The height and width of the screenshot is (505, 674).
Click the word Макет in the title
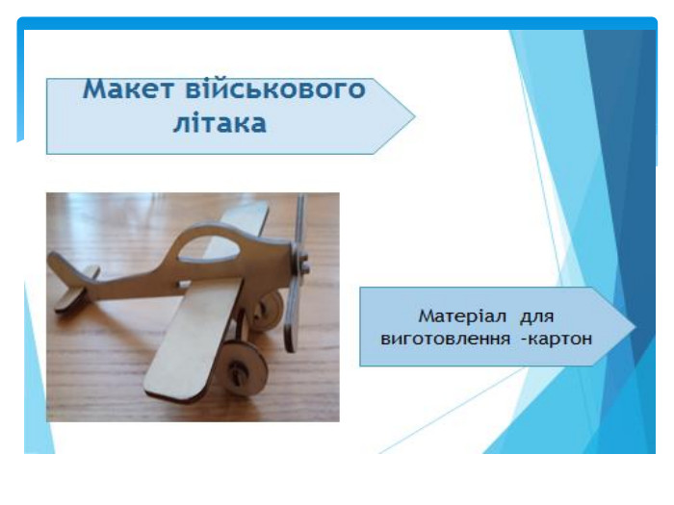128,89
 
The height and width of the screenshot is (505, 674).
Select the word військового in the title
275,89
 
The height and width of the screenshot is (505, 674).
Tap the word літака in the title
220,123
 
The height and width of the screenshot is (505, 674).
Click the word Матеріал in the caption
462,316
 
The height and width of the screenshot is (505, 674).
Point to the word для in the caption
537,316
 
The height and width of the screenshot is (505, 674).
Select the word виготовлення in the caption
445,339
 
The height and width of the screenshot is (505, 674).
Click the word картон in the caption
559,339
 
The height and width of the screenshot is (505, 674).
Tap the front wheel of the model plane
241,368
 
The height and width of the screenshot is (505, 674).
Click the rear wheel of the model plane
268,310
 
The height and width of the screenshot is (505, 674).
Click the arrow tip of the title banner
414,116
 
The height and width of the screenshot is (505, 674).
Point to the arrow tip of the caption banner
635,326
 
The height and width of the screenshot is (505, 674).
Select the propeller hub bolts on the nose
304,264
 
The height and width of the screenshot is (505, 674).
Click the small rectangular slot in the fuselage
185,285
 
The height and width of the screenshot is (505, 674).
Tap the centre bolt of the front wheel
237,368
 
